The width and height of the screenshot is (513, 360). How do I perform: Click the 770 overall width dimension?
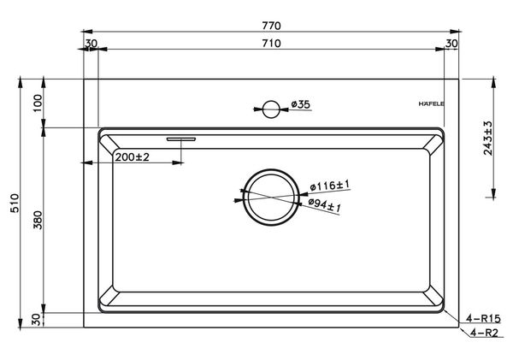[273, 26]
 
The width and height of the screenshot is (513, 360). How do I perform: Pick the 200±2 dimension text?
[133, 157]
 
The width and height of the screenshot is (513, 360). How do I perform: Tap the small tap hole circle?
[271, 109]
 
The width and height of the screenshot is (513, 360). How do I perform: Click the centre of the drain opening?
[271, 196]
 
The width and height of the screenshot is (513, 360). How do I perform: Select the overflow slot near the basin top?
[181, 137]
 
